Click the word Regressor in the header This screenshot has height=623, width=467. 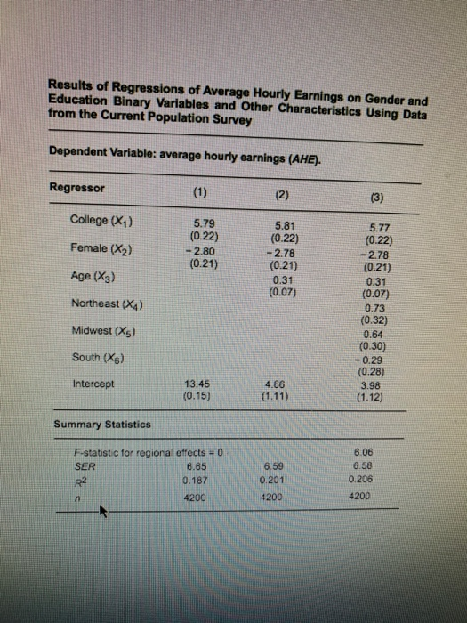click(x=77, y=188)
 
